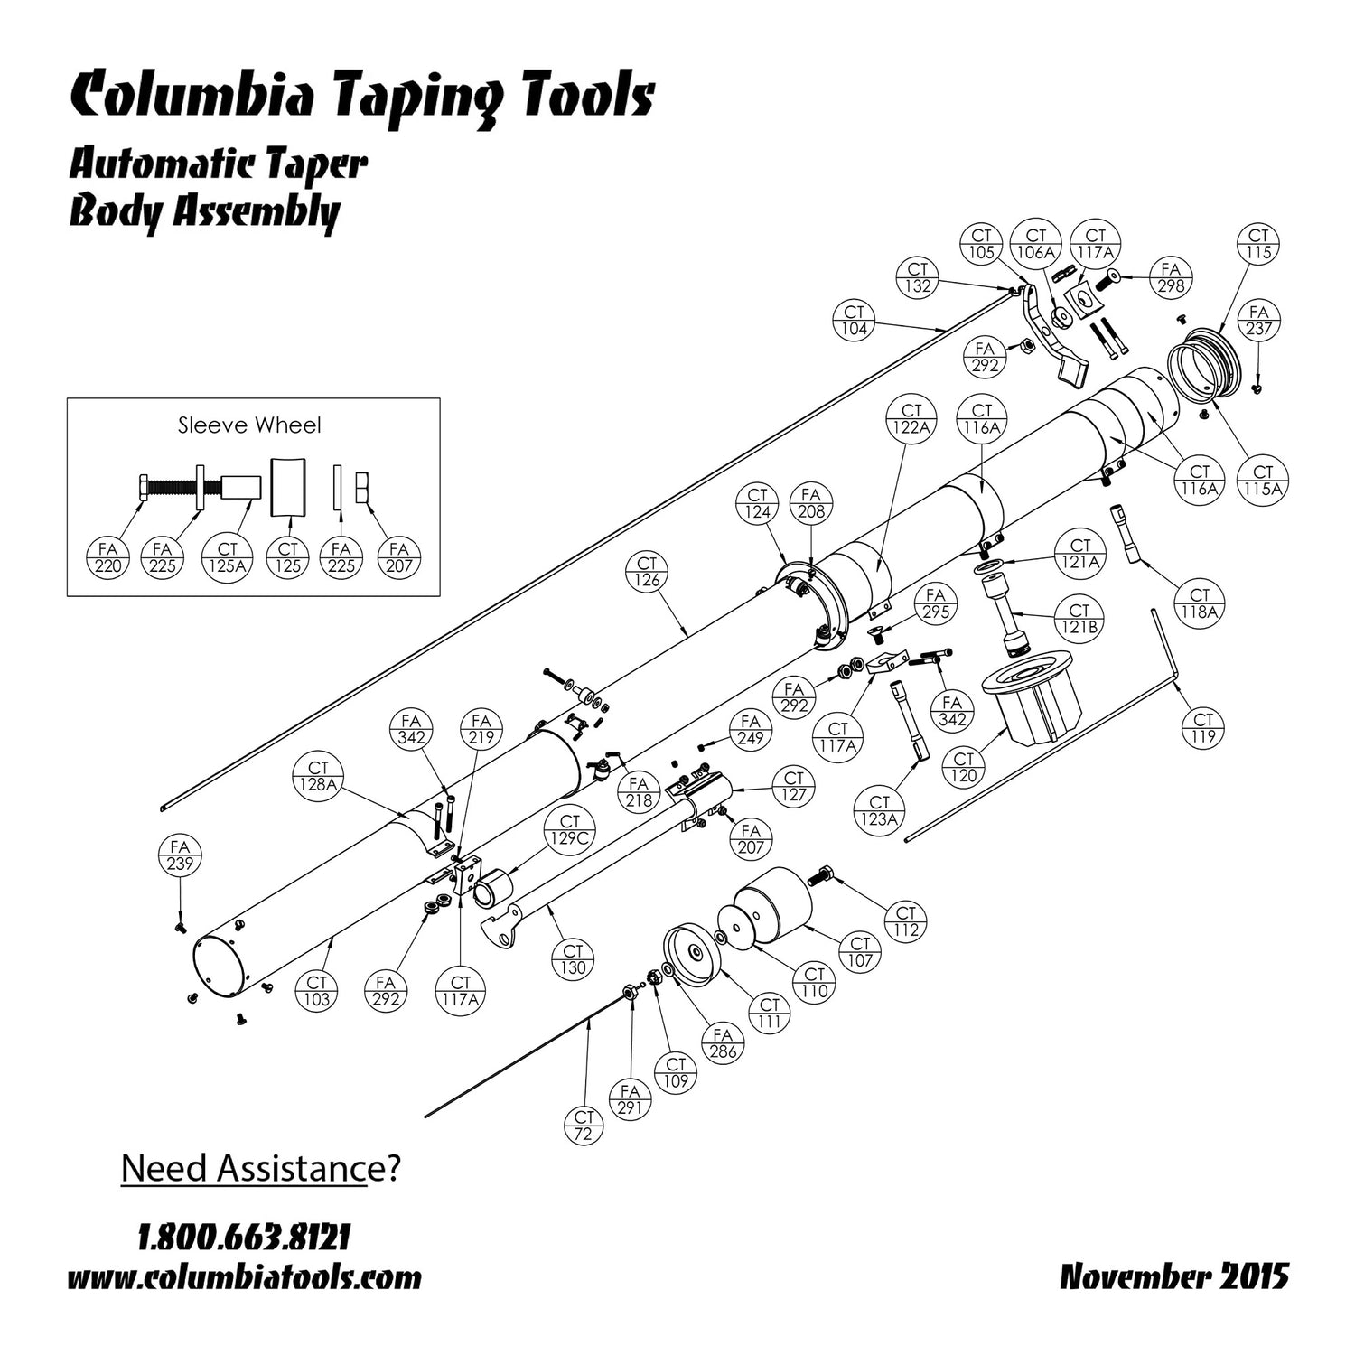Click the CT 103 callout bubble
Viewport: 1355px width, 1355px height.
tap(317, 991)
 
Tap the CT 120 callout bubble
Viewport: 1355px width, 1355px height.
tap(964, 767)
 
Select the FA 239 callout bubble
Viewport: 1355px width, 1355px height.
tap(180, 855)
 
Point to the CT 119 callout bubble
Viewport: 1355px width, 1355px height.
tap(1203, 728)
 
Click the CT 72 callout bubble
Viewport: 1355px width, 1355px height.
tap(584, 1125)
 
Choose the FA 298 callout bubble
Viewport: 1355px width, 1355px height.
tap(1171, 277)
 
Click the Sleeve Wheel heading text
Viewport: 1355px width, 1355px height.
tap(249, 425)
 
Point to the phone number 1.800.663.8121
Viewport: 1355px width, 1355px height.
tap(244, 1237)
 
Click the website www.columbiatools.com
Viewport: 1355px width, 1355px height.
tap(244, 1278)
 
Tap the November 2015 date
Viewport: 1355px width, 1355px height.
tap(1173, 1277)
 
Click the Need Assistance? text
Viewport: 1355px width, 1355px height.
tap(260, 1168)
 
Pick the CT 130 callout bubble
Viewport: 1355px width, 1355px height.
tap(574, 959)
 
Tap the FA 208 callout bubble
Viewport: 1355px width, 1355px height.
tap(811, 503)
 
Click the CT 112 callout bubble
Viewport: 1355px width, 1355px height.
tap(906, 920)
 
